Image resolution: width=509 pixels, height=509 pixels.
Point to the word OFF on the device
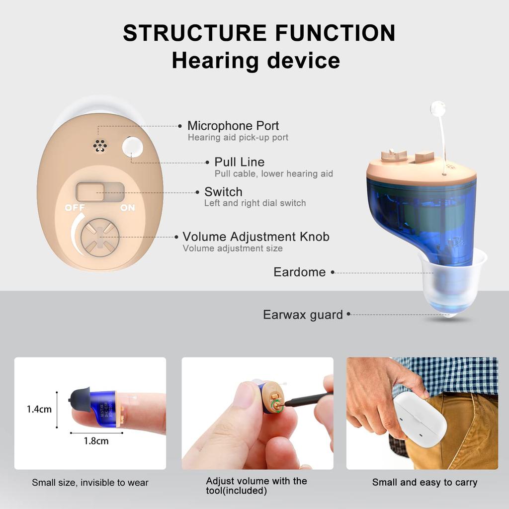pos(75,208)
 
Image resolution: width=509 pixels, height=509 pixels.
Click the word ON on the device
pos(128,208)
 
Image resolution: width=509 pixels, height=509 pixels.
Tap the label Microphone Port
pos(233,126)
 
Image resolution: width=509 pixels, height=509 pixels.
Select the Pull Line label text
pos(239,162)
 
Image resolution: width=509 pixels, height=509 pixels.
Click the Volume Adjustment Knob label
pos(255,237)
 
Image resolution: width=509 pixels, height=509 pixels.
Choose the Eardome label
pos(299,272)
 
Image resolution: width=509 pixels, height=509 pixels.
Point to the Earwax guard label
pos(303,315)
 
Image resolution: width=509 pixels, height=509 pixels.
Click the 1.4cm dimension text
pos(39,410)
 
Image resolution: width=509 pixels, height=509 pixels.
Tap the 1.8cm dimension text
pos(95,440)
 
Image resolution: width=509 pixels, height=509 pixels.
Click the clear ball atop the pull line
pos(438,108)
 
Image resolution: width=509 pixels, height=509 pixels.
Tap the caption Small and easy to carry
pos(424,482)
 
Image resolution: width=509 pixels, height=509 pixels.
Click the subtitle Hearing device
pos(255,61)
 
